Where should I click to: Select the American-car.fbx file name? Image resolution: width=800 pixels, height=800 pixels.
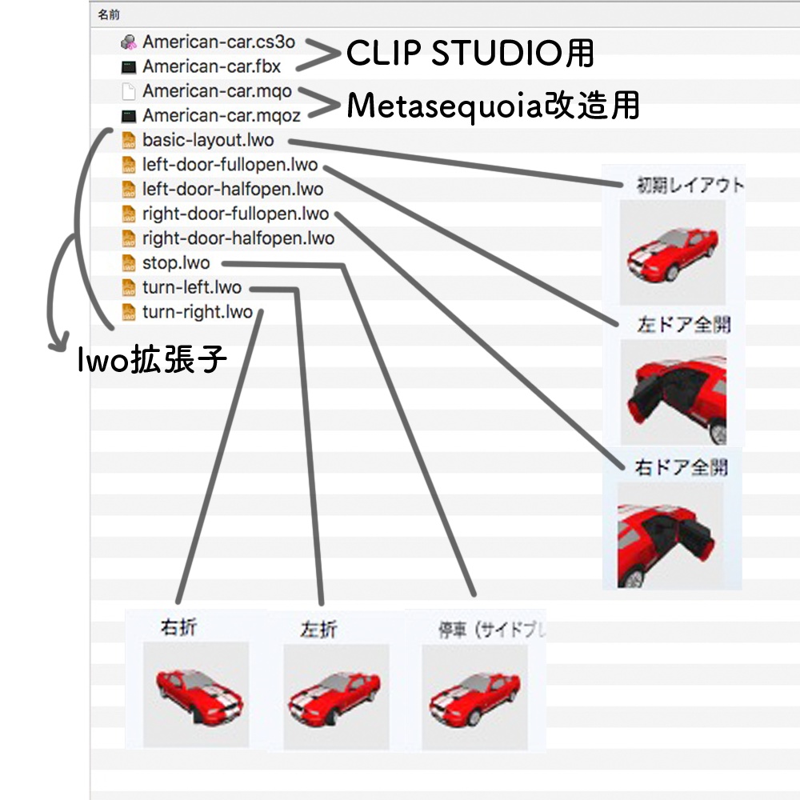click(211, 66)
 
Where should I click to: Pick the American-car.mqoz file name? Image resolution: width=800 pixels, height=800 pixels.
click(222, 116)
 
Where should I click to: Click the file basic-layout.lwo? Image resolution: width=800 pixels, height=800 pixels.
click(208, 141)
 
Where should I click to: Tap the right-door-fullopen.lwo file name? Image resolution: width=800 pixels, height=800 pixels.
click(235, 214)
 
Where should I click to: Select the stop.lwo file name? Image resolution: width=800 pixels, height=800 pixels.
click(176, 263)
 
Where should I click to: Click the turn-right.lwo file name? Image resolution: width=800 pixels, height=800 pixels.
click(197, 312)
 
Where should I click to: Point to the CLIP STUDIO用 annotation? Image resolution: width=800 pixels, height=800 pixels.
click(470, 54)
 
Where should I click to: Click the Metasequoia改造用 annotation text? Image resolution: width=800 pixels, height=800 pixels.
click(493, 106)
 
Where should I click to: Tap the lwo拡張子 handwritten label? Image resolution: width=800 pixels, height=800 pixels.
click(152, 361)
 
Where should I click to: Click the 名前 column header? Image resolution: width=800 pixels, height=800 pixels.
click(110, 14)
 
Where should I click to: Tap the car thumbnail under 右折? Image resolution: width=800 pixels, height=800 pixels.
click(195, 693)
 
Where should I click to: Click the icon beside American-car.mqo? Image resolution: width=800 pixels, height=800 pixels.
click(128, 92)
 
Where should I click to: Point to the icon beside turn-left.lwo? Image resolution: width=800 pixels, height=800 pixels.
click(128, 288)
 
